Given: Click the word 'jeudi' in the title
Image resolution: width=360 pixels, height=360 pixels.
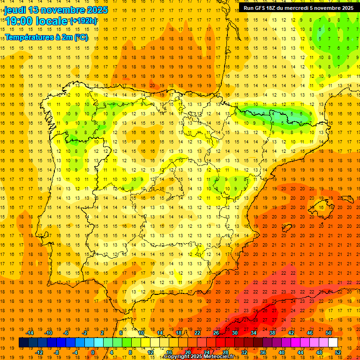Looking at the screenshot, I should click(15, 10).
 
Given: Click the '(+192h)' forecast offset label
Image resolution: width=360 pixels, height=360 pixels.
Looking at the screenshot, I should click(83, 21).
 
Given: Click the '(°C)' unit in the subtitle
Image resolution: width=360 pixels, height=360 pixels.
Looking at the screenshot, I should click(81, 37).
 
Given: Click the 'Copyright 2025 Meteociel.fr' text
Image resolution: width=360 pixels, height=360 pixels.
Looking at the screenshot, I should click(199, 357).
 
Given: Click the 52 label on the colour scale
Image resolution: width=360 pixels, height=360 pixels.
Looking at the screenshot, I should click(338, 352).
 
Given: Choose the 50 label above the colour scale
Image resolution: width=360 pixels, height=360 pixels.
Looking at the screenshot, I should click(329, 333).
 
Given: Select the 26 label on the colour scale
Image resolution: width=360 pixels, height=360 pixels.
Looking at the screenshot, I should click(216, 333).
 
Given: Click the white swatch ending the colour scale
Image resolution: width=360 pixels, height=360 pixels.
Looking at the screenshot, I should click(333, 343).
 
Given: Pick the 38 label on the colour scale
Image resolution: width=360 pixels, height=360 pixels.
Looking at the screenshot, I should click(272, 333).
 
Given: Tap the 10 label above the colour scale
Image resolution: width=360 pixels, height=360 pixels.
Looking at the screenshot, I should click(141, 333).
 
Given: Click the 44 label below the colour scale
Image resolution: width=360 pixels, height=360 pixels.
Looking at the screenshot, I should click(300, 352).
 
